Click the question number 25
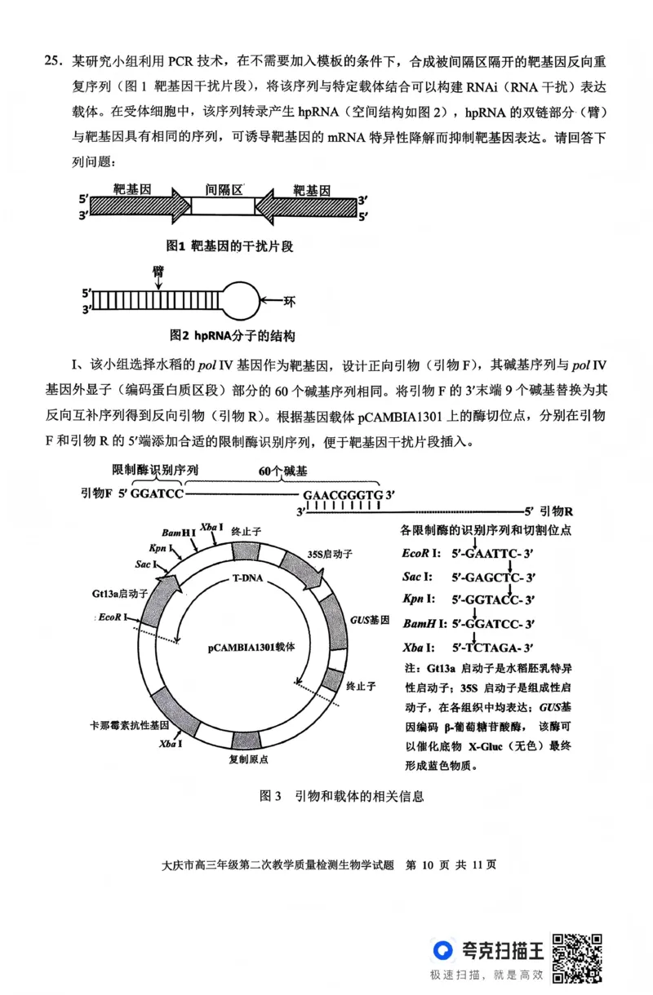click(x=53, y=61)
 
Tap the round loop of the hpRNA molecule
click(x=242, y=300)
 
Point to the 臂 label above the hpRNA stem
click(x=158, y=271)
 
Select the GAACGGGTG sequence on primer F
click(x=343, y=495)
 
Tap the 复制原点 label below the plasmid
click(x=249, y=758)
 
